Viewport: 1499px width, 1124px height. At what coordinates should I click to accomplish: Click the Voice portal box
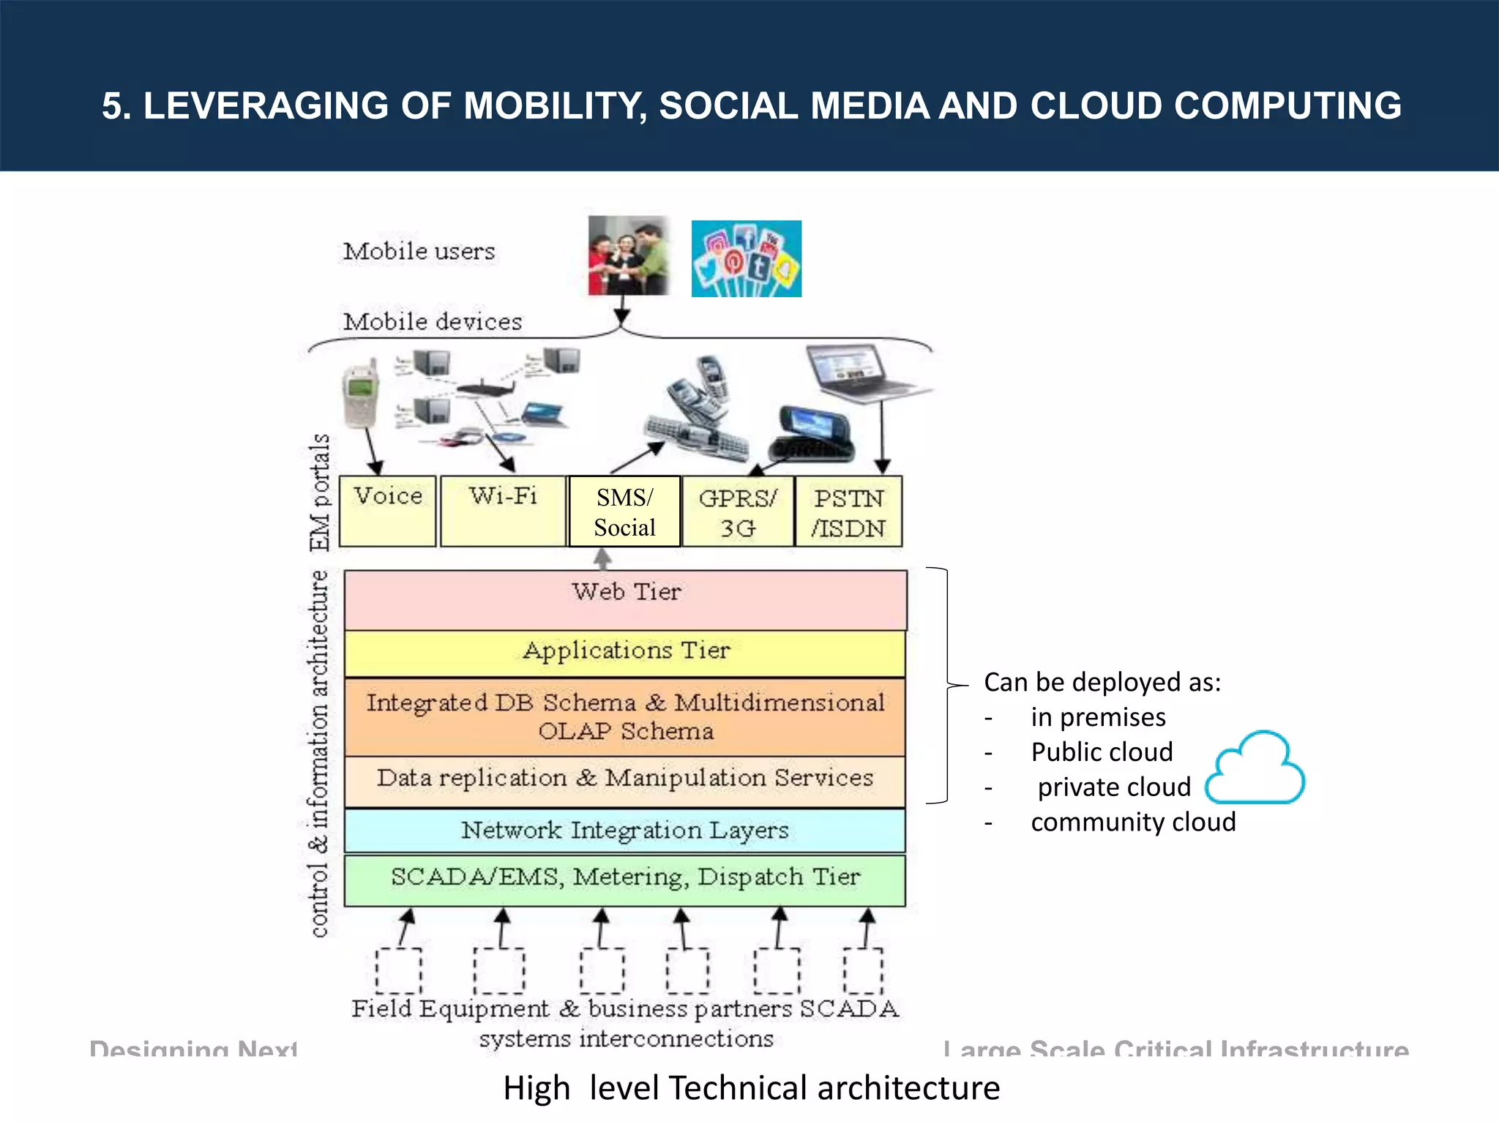pos(388,511)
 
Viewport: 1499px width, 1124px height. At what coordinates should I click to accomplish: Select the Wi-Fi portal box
pos(504,511)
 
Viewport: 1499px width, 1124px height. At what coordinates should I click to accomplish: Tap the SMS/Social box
pos(624,512)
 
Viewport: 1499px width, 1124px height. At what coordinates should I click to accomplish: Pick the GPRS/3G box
pos(738,512)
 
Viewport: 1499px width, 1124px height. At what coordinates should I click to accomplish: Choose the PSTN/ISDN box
pos(849,512)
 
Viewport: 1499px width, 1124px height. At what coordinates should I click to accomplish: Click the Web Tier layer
pos(626,599)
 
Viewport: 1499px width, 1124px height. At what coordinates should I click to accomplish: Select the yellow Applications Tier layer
pos(626,652)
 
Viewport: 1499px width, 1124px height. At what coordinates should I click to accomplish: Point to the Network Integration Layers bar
pos(625,831)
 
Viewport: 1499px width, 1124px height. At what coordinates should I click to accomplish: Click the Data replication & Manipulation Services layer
pos(625,780)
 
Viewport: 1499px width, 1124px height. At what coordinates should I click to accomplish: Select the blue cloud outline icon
pos(1255,768)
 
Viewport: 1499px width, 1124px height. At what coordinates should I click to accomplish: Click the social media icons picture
pos(747,258)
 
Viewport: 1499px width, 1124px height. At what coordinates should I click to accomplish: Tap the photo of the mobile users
pos(629,255)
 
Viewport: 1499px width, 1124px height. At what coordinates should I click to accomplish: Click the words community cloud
pos(1133,823)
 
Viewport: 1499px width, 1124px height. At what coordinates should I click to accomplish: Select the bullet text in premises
pos(1098,717)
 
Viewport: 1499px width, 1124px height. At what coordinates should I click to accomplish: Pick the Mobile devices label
pos(433,322)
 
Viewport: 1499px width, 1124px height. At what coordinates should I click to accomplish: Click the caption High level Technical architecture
pos(751,1088)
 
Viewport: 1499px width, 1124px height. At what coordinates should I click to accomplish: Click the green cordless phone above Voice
pos(361,394)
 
